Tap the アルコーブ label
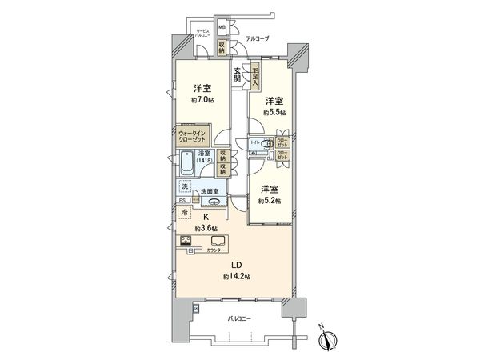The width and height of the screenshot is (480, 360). (256, 38)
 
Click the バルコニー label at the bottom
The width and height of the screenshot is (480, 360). (240, 318)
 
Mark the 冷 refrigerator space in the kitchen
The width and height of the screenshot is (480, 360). (185, 214)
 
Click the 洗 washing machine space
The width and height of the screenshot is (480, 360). (185, 186)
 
